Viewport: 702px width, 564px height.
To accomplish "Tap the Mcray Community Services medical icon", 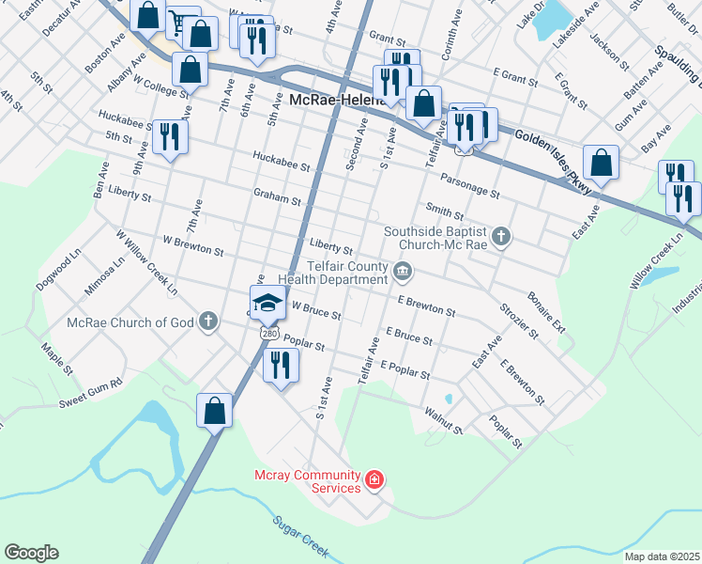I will click(374, 481).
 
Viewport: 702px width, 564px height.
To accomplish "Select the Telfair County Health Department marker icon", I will click(403, 273).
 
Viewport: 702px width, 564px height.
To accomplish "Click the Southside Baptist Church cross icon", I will click(501, 236).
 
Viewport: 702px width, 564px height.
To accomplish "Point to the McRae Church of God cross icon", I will click(207, 322).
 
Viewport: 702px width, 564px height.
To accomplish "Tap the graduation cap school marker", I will click(267, 302).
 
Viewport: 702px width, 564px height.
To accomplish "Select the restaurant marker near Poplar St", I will click(279, 363).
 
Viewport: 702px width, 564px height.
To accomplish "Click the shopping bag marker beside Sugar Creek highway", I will click(215, 410).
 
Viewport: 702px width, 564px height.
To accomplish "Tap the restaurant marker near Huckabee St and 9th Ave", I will click(170, 135).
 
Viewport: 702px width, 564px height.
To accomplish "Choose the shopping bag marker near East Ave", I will click(601, 162).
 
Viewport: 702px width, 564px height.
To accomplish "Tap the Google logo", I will click(31, 553).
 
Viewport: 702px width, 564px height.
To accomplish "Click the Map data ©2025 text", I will click(661, 556).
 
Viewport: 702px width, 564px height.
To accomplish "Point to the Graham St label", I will click(277, 199).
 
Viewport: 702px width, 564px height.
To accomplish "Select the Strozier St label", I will click(519, 321).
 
